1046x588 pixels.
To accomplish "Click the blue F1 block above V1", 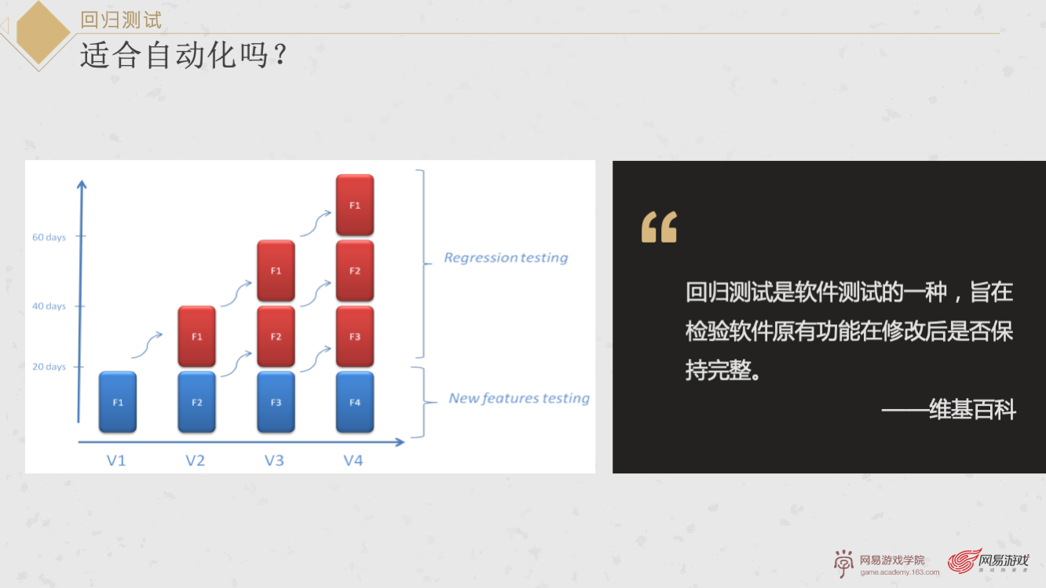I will click(118, 402).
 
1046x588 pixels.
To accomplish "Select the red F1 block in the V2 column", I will click(196, 337).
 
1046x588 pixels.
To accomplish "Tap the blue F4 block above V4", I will click(354, 402).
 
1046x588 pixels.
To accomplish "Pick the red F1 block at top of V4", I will click(354, 205).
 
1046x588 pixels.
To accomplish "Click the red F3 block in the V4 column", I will click(354, 337).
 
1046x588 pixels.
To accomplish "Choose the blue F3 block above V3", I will click(276, 402).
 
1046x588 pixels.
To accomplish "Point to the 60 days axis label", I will click(49, 237).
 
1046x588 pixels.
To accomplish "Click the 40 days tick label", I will click(49, 306).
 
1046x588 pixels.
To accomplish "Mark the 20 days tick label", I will click(49, 367).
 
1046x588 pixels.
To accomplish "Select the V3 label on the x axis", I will click(274, 461).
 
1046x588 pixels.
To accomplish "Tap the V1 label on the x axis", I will click(116, 461).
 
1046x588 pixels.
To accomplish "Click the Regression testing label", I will click(506, 257).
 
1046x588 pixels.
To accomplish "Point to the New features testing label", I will click(519, 398).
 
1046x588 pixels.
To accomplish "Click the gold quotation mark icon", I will click(659, 227).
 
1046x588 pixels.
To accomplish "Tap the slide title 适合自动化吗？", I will click(184, 56).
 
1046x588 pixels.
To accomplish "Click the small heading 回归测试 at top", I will click(121, 20).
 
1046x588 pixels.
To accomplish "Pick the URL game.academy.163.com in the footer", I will click(899, 572).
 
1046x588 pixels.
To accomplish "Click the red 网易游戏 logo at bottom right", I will click(989, 562).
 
